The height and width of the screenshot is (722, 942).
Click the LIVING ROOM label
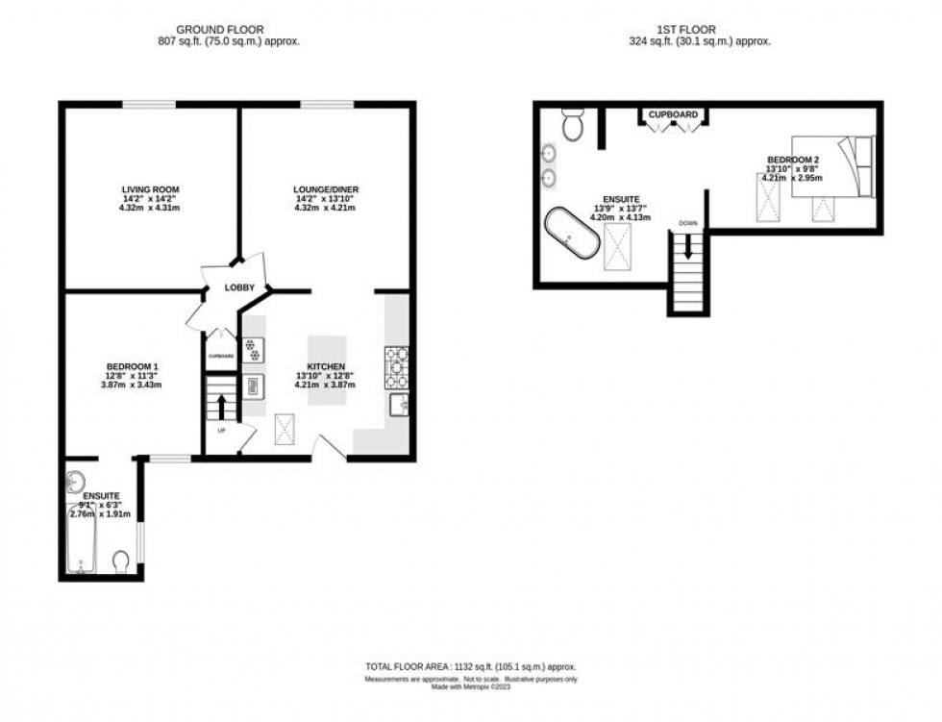coord(150,189)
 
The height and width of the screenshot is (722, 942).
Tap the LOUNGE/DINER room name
coord(325,189)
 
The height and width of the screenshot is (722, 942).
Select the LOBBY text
coord(238,287)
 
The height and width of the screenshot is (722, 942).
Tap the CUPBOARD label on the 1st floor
coord(673,115)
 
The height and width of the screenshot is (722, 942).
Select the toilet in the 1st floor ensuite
coord(574,126)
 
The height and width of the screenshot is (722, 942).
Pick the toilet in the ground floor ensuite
coord(121,560)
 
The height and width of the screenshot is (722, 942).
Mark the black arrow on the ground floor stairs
coord(221,404)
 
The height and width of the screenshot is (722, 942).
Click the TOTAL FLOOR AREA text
coord(469,666)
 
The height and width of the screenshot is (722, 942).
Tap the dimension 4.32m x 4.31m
coord(150,208)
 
